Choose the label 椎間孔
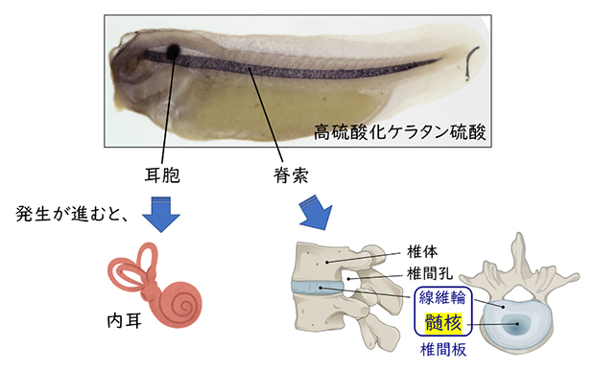tap(428, 274)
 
